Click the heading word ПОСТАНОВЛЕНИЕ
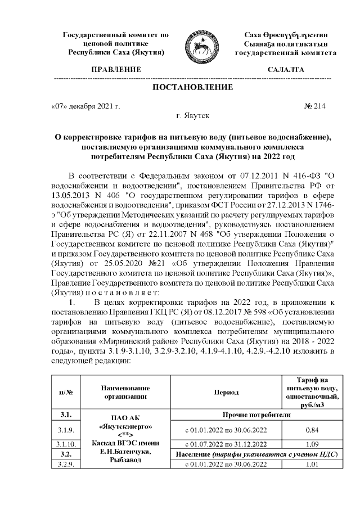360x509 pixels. click(193, 87)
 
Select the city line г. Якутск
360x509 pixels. click(193, 116)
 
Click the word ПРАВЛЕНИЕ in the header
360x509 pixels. click(116, 70)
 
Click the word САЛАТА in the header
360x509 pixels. click(286, 70)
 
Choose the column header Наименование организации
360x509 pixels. click(125, 392)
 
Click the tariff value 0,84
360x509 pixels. click(312, 430)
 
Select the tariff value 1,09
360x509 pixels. click(312, 444)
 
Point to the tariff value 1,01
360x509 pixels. click(312, 464)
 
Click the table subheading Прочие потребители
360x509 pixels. click(256, 415)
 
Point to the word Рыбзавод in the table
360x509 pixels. click(125, 460)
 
